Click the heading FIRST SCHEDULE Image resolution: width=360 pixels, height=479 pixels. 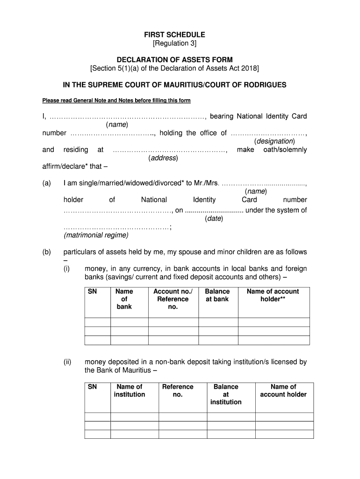(x=174, y=35)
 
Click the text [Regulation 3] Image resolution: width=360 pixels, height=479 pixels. (x=174, y=44)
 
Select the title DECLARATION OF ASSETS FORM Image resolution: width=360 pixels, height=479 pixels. (x=174, y=60)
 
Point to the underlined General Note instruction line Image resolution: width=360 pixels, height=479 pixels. (x=116, y=101)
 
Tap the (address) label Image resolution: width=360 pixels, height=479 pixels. (x=163, y=158)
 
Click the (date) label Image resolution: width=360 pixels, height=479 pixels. (x=214, y=218)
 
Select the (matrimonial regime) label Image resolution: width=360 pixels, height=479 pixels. (x=96, y=235)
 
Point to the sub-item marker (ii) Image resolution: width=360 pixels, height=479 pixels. (x=68, y=362)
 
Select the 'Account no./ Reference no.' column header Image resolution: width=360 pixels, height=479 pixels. (x=173, y=299)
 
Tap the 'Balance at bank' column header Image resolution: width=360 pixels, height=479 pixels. (x=217, y=295)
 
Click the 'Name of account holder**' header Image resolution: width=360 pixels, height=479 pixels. (x=273, y=295)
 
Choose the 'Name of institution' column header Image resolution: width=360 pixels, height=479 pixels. (x=129, y=391)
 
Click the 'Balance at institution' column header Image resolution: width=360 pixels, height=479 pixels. (x=226, y=394)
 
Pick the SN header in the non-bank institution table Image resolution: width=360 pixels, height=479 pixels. (x=92, y=387)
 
